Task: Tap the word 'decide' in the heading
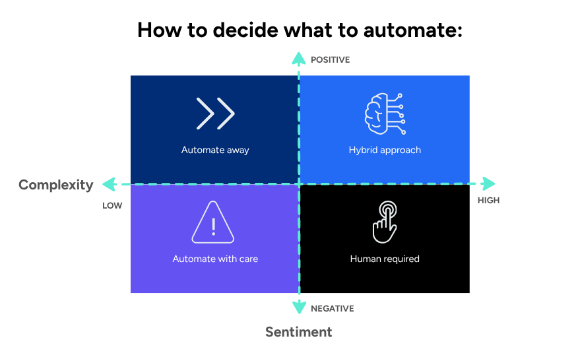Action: pyautogui.click(x=243, y=30)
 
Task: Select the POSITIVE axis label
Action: pyautogui.click(x=330, y=60)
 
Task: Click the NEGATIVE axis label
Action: pyautogui.click(x=333, y=308)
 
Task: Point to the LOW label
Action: pyautogui.click(x=112, y=205)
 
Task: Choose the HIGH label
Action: pyautogui.click(x=488, y=200)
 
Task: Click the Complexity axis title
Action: pyautogui.click(x=56, y=185)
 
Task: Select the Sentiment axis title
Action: pyautogui.click(x=299, y=332)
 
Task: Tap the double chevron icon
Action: pyautogui.click(x=215, y=114)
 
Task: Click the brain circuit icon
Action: pyautogui.click(x=385, y=114)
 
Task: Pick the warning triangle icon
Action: pyautogui.click(x=213, y=223)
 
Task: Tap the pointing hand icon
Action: pyautogui.click(x=384, y=222)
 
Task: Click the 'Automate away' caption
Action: pyautogui.click(x=215, y=150)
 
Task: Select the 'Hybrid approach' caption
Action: pyautogui.click(x=385, y=150)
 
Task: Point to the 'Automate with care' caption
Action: pyautogui.click(x=215, y=259)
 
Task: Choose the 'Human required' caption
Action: pyautogui.click(x=385, y=259)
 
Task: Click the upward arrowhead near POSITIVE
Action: pyautogui.click(x=299, y=57)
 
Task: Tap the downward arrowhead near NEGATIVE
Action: pyautogui.click(x=299, y=307)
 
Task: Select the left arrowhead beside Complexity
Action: pyautogui.click(x=109, y=184)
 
